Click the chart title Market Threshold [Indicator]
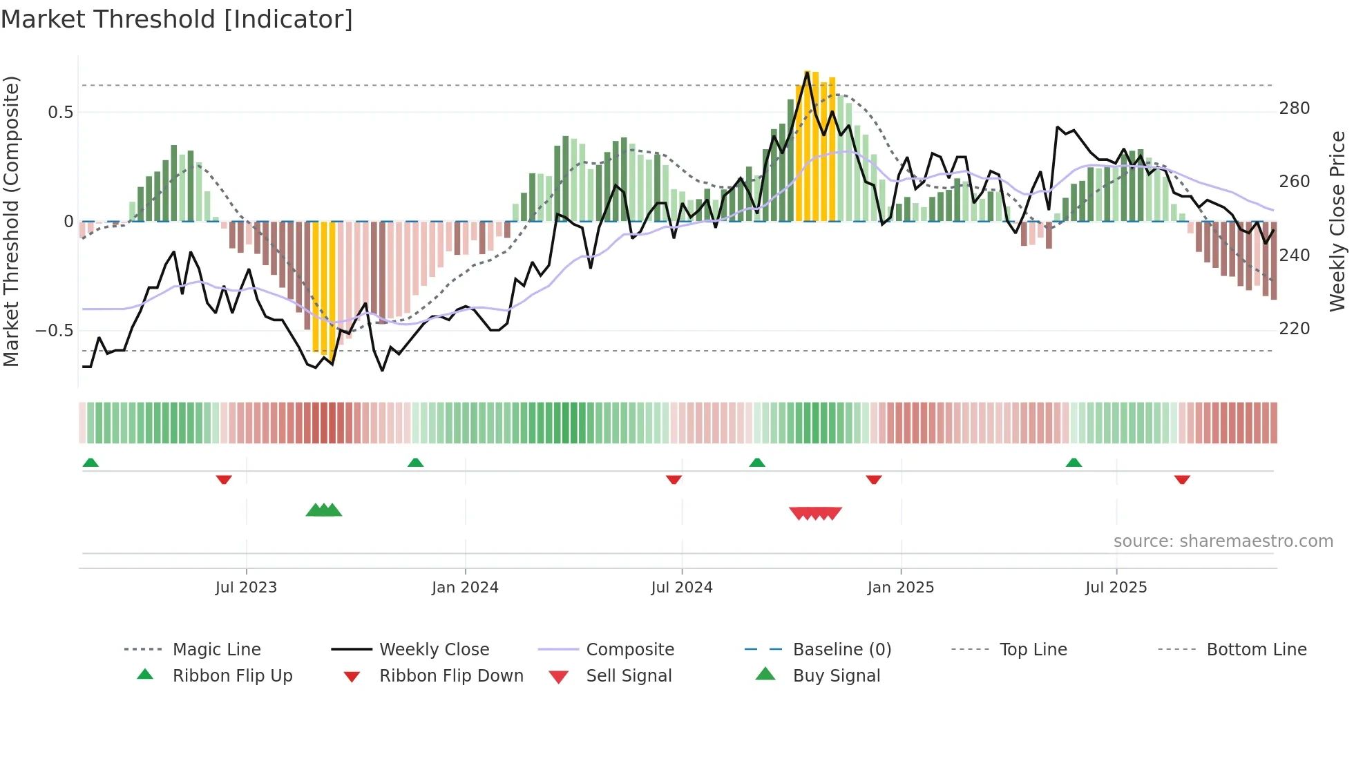(177, 19)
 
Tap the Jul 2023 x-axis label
(246, 588)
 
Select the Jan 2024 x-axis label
(465, 588)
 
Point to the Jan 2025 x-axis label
(900, 588)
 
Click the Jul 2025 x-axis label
(1116, 588)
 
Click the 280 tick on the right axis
(1294, 108)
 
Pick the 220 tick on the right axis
(1294, 329)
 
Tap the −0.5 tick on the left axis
(54, 331)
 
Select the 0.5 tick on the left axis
(60, 113)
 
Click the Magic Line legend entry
(216, 650)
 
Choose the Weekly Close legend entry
(434, 650)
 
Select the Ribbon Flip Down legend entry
(451, 676)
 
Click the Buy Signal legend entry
(836, 676)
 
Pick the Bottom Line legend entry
(1256, 650)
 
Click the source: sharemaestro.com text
(1223, 541)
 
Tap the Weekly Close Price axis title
(1337, 221)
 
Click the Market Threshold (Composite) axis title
(11, 221)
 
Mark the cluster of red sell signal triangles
(815, 513)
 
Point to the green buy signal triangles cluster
(324, 510)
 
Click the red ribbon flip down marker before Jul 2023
(223, 479)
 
